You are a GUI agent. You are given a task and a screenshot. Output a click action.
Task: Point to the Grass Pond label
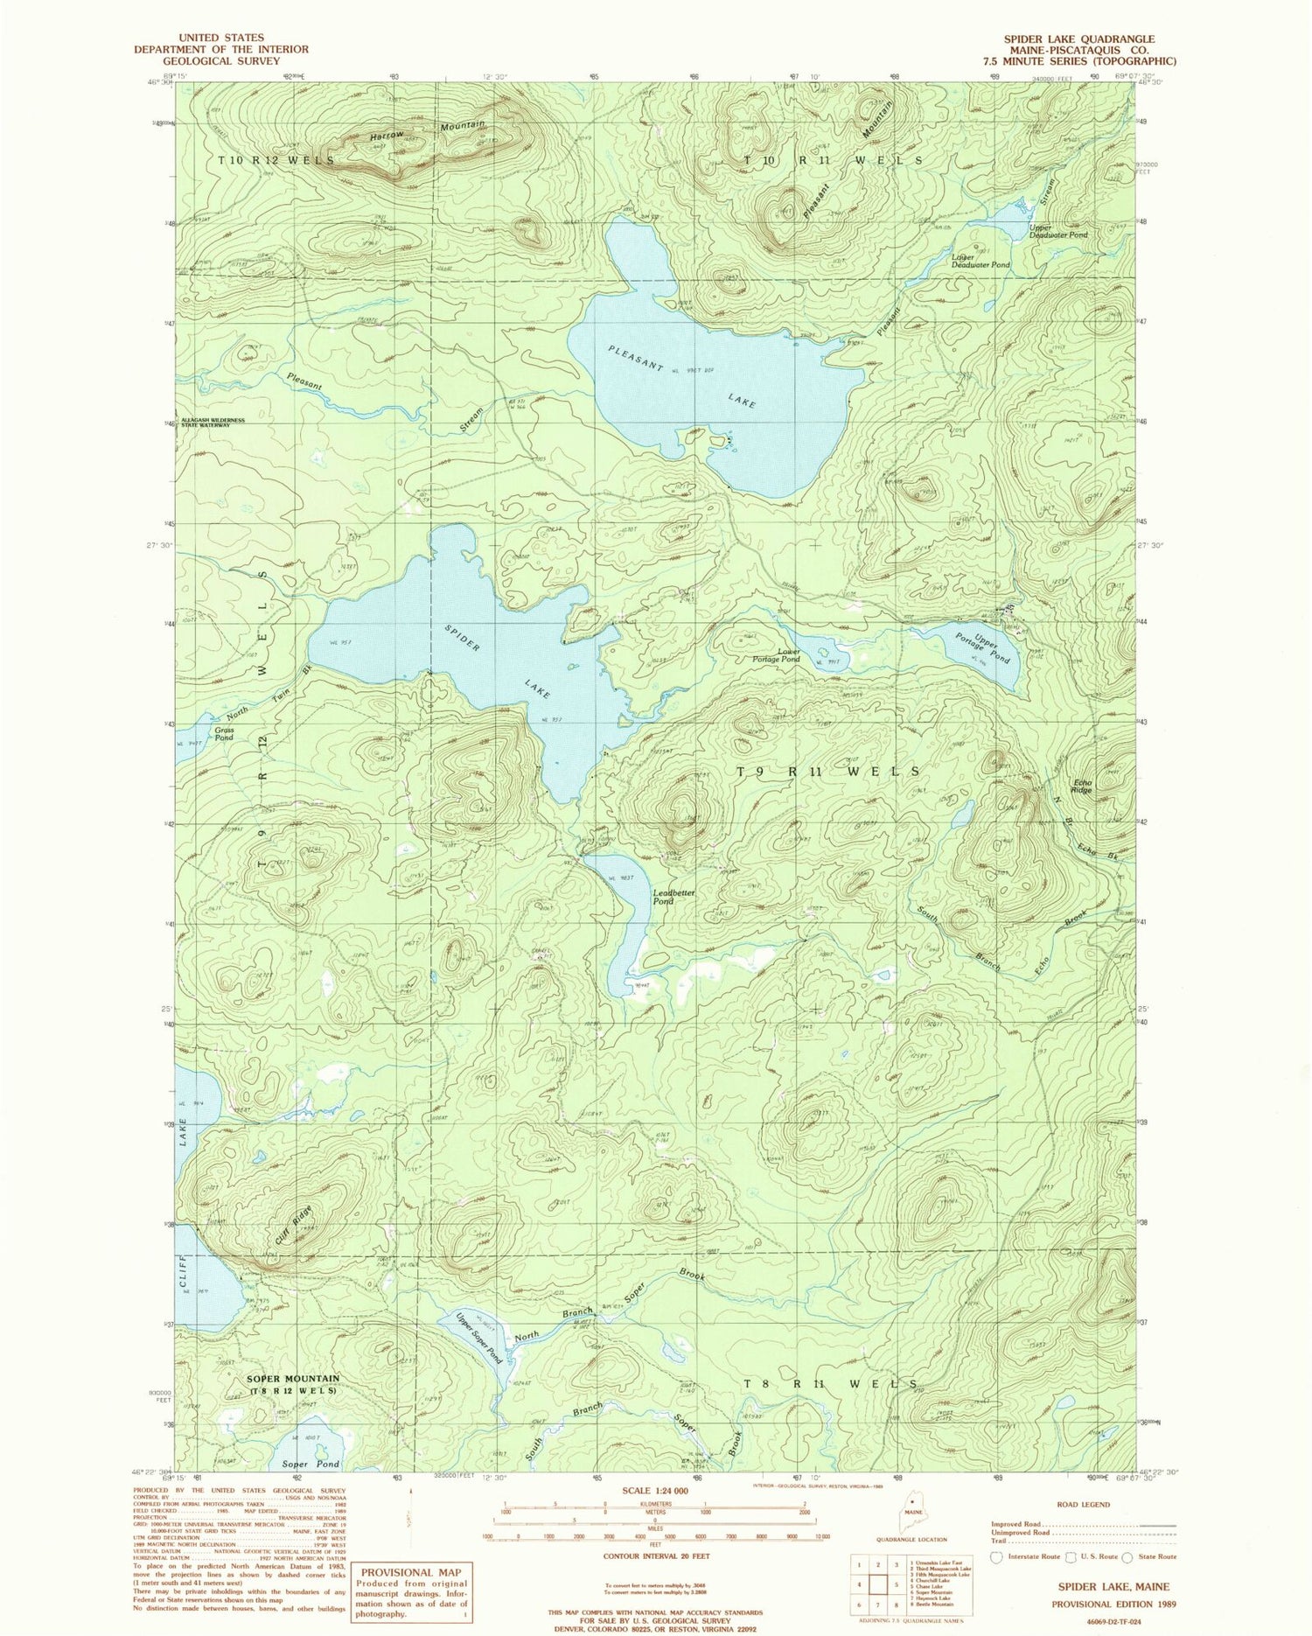tap(224, 733)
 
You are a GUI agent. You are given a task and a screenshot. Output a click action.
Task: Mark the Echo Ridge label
tap(1083, 786)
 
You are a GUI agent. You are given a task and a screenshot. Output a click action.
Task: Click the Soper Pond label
tap(311, 1464)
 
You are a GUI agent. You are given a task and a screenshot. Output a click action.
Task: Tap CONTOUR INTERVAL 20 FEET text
tap(656, 1556)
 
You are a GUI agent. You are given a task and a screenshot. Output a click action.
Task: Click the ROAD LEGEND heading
tap(1083, 1504)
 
